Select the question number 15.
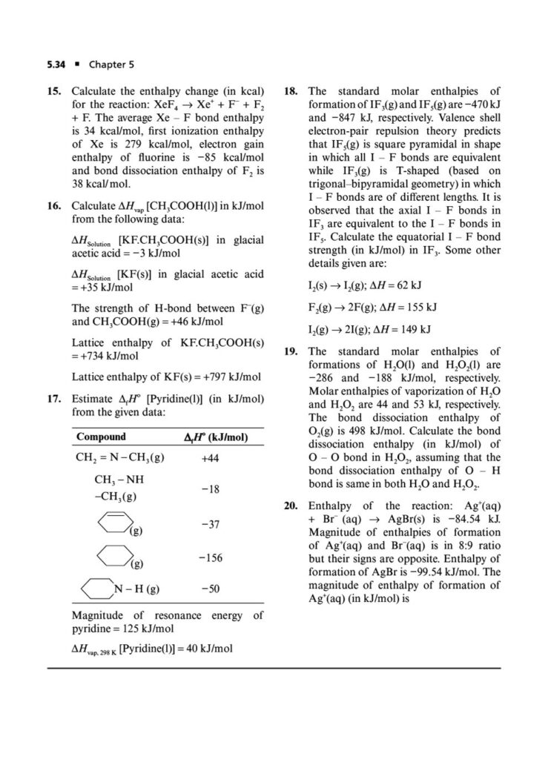[54, 91]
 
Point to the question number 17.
[54, 398]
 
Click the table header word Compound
[101, 437]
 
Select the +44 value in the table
[211, 459]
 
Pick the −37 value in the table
[211, 524]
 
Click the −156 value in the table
[211, 557]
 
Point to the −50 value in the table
[211, 589]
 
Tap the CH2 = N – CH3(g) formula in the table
[120, 458]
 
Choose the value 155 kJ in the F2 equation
[419, 307]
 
